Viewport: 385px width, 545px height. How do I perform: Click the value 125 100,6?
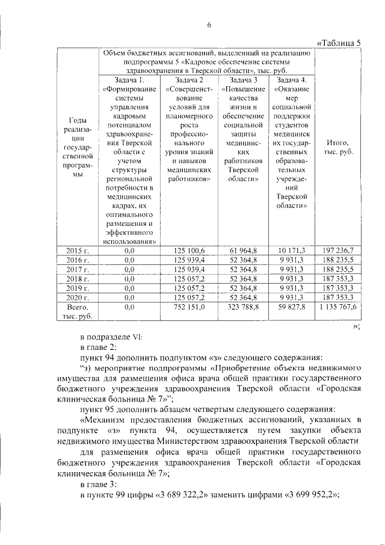coord(189,250)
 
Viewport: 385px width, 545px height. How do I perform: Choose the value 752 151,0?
coord(189,307)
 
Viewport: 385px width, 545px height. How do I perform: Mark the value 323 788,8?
coord(242,307)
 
